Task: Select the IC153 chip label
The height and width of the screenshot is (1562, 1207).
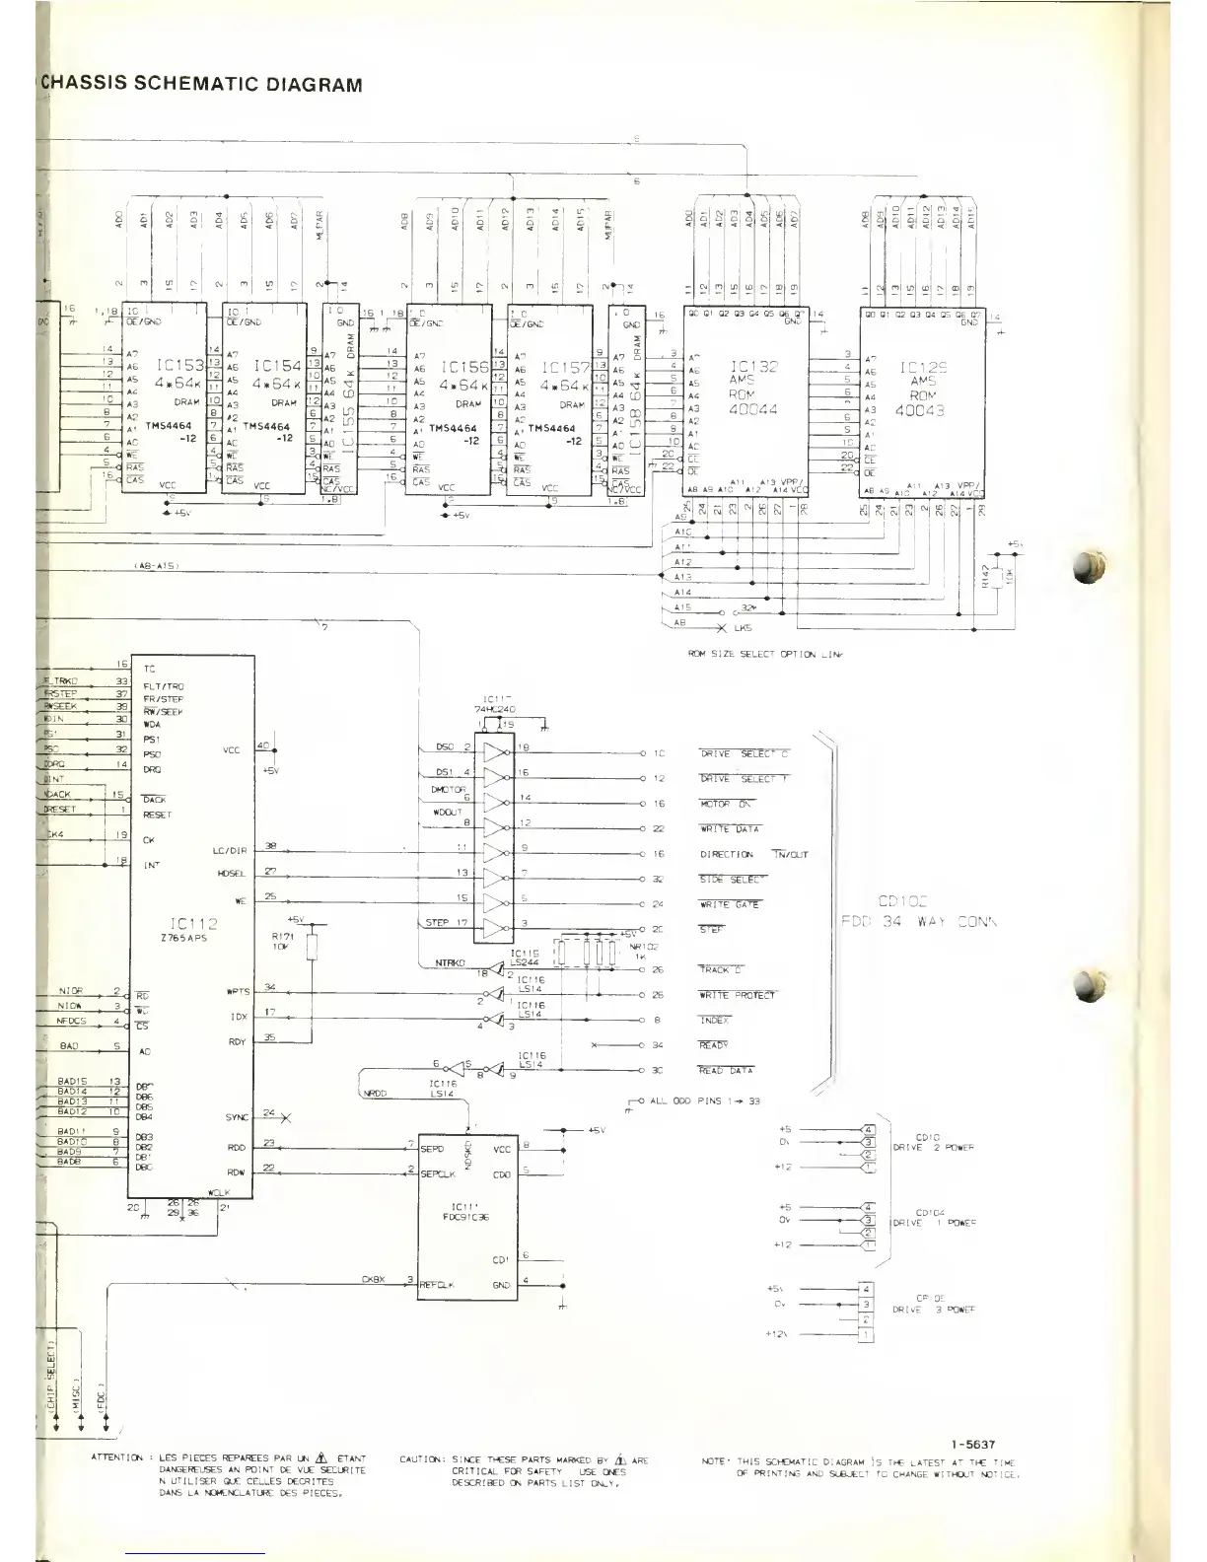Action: [178, 366]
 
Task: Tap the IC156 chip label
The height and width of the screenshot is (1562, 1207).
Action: [464, 366]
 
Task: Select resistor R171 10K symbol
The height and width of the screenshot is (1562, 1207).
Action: [312, 948]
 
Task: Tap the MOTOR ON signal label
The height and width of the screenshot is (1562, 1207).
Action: [725, 804]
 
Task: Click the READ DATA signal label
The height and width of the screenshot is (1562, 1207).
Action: [725, 1071]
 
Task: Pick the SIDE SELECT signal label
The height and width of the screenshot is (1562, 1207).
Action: [731, 880]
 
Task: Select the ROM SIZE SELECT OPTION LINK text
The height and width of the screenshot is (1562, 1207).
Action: [765, 654]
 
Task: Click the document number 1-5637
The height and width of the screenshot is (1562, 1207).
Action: [972, 1445]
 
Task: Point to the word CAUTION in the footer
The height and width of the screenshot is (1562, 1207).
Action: [422, 1459]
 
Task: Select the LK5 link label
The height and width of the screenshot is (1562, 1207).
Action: [742, 628]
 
